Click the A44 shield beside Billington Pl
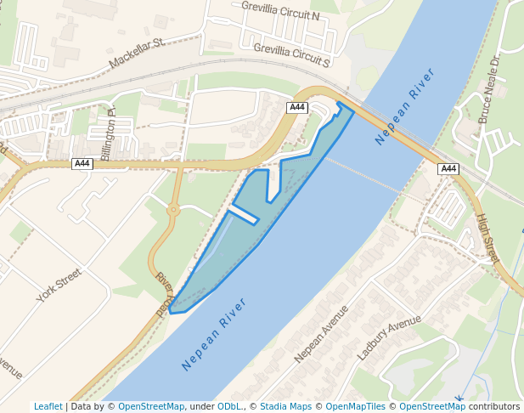pos(82,163)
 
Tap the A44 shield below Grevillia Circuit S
pos(296,107)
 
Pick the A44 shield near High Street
pos(448,169)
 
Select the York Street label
pos(59,286)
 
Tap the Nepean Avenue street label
pos(322,334)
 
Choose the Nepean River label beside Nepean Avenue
pos(214,334)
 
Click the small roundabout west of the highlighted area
pos(173,208)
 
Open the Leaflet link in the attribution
pos(48,406)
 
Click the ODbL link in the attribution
pos(228,406)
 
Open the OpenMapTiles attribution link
pos(354,406)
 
